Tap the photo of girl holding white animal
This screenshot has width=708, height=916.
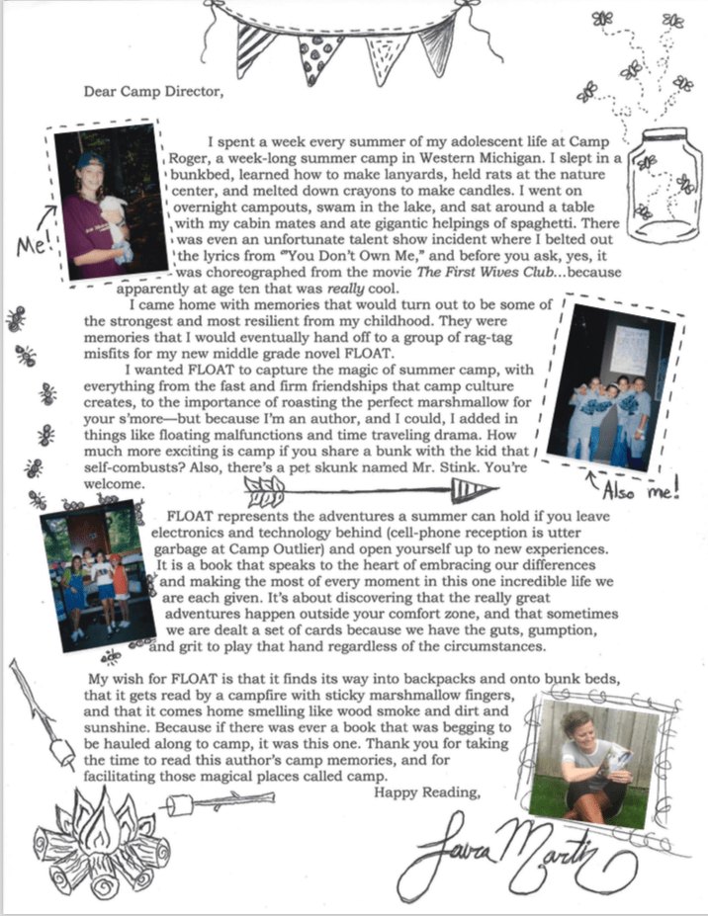(106, 204)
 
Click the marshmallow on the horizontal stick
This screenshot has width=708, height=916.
(179, 806)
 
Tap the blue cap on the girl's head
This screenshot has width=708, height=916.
(92, 160)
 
